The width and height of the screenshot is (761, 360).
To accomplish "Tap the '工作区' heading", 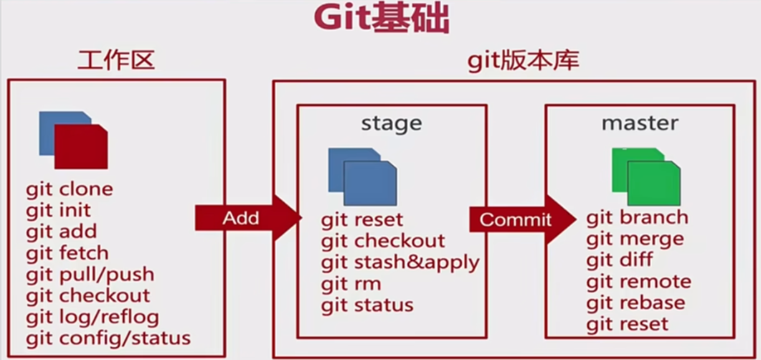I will coord(116,60).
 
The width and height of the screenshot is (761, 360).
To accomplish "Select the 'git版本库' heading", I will coord(523,60).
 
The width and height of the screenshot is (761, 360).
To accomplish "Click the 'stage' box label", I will coord(391,123).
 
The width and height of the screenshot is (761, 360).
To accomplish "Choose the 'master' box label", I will coord(640,123).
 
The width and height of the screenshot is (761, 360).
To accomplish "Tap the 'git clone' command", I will coord(70,189).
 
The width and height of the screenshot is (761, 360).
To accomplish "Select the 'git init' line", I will coord(59,211).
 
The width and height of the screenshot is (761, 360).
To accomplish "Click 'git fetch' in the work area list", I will coord(67,253).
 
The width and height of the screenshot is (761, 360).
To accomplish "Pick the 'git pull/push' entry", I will coord(90,275).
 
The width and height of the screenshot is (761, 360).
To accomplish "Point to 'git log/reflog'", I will coord(93,317).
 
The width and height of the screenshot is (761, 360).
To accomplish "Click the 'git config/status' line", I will coord(108,339).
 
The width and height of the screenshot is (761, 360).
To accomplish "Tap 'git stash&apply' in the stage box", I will coord(400,262).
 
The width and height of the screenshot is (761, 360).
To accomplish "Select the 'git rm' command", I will coord(351,284).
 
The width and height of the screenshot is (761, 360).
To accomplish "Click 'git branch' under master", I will coord(637,217).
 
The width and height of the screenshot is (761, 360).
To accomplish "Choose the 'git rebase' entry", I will coord(635,303).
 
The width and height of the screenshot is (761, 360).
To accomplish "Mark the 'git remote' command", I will coord(638,282).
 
